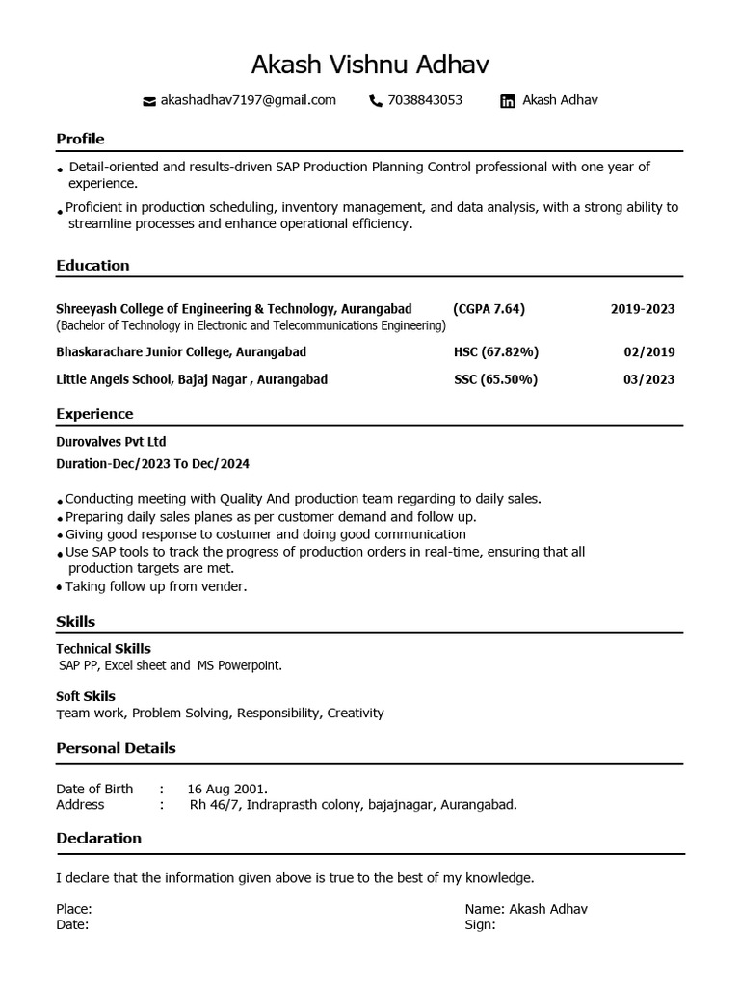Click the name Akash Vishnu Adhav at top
click(x=370, y=65)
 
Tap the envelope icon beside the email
click(x=148, y=101)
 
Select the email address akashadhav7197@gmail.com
click(x=248, y=100)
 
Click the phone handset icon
click(x=376, y=101)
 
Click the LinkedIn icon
click(x=508, y=101)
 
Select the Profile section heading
click(x=80, y=139)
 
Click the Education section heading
click(x=92, y=265)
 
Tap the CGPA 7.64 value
click(x=489, y=309)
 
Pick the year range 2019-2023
click(x=643, y=309)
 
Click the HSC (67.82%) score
click(x=496, y=352)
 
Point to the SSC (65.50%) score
click(x=495, y=379)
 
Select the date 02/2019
click(x=649, y=352)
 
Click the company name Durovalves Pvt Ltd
click(x=111, y=442)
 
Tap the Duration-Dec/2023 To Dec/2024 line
click(x=152, y=464)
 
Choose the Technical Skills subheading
click(x=103, y=649)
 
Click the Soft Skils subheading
click(x=86, y=696)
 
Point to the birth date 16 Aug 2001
click(x=227, y=789)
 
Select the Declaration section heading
click(x=98, y=838)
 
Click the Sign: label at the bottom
click(x=480, y=924)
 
